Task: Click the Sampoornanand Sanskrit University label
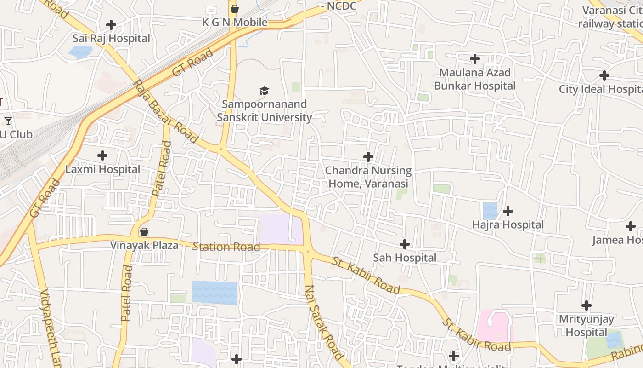[x=264, y=111]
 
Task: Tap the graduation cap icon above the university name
[x=264, y=91]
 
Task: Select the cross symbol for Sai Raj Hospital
[x=111, y=25]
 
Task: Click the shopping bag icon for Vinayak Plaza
[x=144, y=232]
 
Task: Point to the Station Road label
[x=226, y=247]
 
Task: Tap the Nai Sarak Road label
[x=323, y=322]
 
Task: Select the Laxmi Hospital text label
[x=102, y=169]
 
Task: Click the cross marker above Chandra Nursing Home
[x=368, y=157]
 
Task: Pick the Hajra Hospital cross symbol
[x=508, y=211]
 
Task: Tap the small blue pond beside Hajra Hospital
[x=490, y=211]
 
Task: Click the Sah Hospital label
[x=405, y=258]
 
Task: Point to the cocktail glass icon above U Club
[x=8, y=121]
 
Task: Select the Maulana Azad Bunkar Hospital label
[x=475, y=79]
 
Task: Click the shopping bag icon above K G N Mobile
[x=235, y=9]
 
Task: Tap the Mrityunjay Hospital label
[x=586, y=325]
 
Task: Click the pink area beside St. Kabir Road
[x=494, y=326]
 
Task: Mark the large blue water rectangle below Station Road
[x=214, y=293]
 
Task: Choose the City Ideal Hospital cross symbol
[x=604, y=75]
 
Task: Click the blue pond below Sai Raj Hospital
[x=80, y=52]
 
